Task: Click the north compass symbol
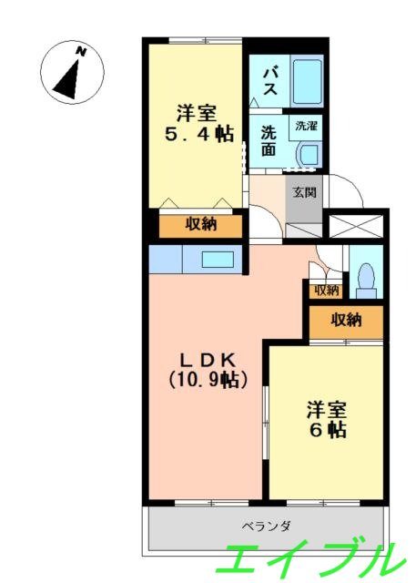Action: [70, 71]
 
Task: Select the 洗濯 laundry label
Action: [303, 128]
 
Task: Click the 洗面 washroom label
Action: [269, 142]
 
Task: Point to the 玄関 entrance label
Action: [304, 192]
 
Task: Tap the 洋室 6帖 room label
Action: [325, 419]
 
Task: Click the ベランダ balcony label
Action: [266, 526]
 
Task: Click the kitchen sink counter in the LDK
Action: [212, 259]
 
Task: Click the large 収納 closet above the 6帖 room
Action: [346, 320]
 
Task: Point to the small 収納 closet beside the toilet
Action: [326, 291]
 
